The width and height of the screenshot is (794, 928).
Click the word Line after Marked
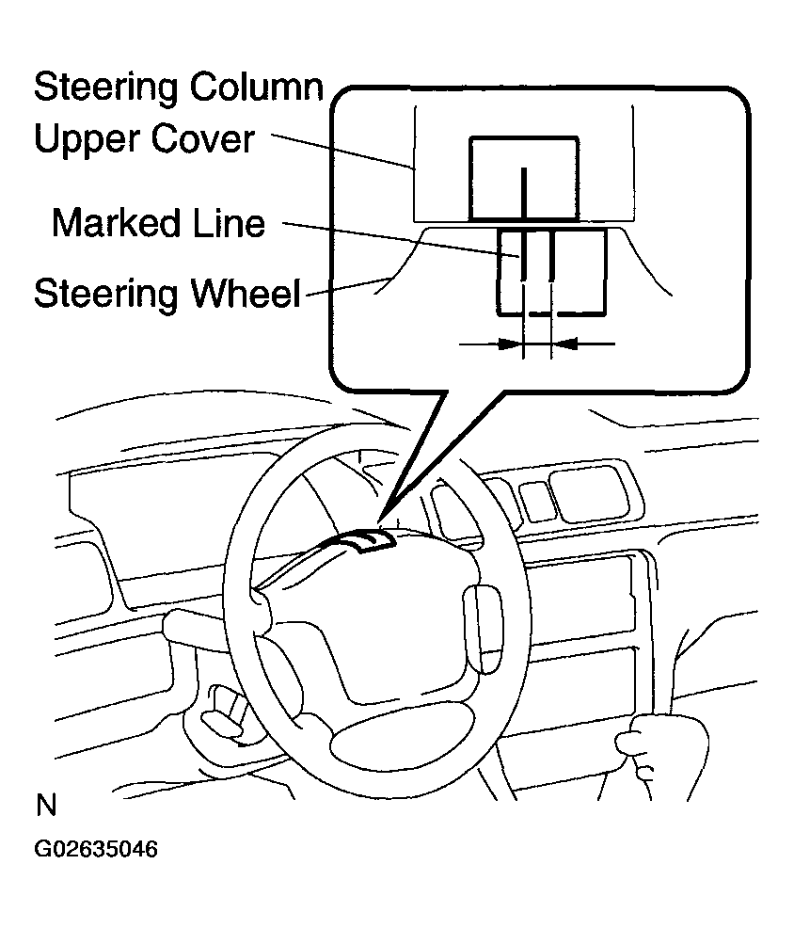pos(227,224)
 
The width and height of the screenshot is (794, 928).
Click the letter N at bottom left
pos(45,807)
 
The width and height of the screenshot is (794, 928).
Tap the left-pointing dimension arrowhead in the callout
pos(563,345)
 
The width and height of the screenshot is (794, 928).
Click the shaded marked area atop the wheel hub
pos(363,544)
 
